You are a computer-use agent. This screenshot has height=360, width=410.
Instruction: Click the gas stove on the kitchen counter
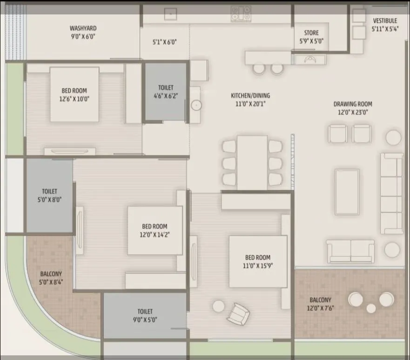click(x=241, y=13)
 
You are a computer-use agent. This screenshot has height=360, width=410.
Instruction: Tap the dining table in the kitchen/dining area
click(x=252, y=162)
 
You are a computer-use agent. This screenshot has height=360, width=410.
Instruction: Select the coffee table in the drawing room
click(x=347, y=192)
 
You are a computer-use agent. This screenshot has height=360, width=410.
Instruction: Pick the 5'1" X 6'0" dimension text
click(x=164, y=42)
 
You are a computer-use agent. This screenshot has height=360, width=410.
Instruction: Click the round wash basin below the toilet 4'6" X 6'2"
click(x=196, y=105)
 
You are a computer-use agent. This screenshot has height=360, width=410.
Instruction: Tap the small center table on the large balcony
click(x=371, y=308)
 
